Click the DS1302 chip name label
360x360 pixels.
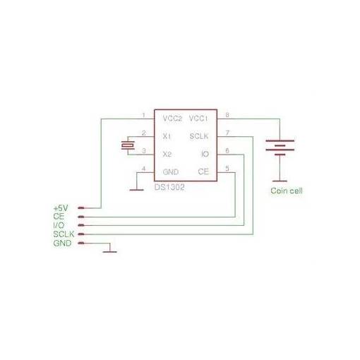click(169, 187)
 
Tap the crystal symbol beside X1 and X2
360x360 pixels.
click(128, 145)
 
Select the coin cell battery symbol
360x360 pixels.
click(280, 148)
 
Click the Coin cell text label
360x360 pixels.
click(287, 191)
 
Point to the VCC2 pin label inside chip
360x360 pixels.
click(172, 119)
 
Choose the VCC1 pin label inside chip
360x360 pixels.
click(198, 119)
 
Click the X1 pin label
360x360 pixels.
click(167, 136)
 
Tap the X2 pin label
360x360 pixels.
click(167, 154)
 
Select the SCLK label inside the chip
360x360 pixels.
click(199, 136)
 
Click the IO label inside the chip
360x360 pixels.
click(205, 154)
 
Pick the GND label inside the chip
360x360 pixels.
click(171, 172)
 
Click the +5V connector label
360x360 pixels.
click(61, 208)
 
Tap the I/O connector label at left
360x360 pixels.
click(59, 225)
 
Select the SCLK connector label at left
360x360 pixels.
click(64, 234)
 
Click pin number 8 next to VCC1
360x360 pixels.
click(227, 115)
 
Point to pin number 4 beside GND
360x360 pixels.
click(143, 169)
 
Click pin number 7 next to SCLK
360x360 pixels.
click(227, 133)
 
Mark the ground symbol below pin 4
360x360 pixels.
click(137, 190)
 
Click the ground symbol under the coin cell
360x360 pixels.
click(280, 181)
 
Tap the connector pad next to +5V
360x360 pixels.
click(81, 208)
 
